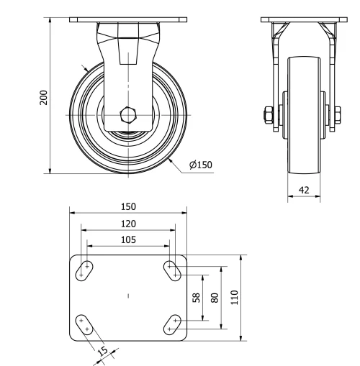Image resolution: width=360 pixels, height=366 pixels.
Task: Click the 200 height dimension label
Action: [x=43, y=97]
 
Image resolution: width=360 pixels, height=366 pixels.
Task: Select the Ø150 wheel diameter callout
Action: [x=202, y=165]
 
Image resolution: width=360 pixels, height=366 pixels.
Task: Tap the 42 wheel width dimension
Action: [x=303, y=191]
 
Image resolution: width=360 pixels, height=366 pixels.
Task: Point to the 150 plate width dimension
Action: [x=128, y=206]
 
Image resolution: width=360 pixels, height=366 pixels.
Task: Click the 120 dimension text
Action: [x=128, y=224]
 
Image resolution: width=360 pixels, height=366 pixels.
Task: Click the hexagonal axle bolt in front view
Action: [x=128, y=114]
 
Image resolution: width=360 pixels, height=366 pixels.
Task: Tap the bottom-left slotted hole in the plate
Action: [x=84, y=324]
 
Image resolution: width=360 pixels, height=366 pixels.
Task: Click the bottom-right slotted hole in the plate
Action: [x=172, y=325]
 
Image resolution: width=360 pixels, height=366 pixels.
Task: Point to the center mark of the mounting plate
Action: [x=128, y=296]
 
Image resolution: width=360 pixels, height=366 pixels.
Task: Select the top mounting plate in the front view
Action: [x=128, y=20]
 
